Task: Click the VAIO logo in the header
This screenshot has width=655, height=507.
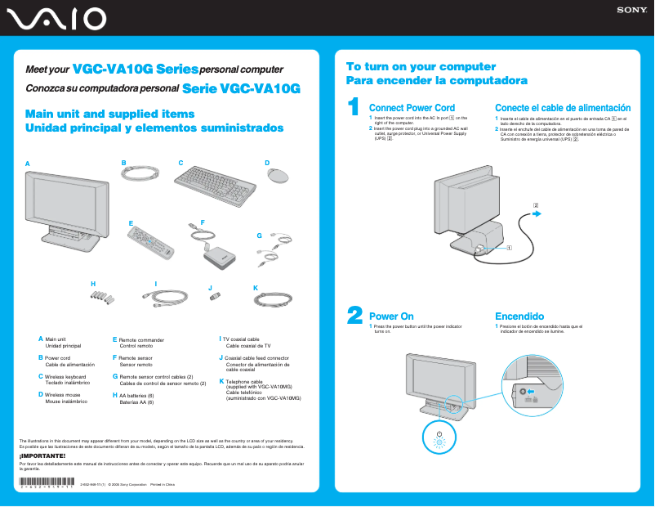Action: pos(54,18)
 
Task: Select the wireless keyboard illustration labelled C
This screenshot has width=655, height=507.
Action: pos(216,177)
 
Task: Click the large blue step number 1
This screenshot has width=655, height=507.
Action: pos(353,107)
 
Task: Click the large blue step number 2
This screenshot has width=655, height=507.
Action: pos(354,316)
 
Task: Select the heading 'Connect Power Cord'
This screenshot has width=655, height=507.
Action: pos(412,108)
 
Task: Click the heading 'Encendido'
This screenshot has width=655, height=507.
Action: pos(519,316)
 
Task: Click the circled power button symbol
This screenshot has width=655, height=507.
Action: pos(439,437)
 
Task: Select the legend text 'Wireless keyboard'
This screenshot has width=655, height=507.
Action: pos(65,376)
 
